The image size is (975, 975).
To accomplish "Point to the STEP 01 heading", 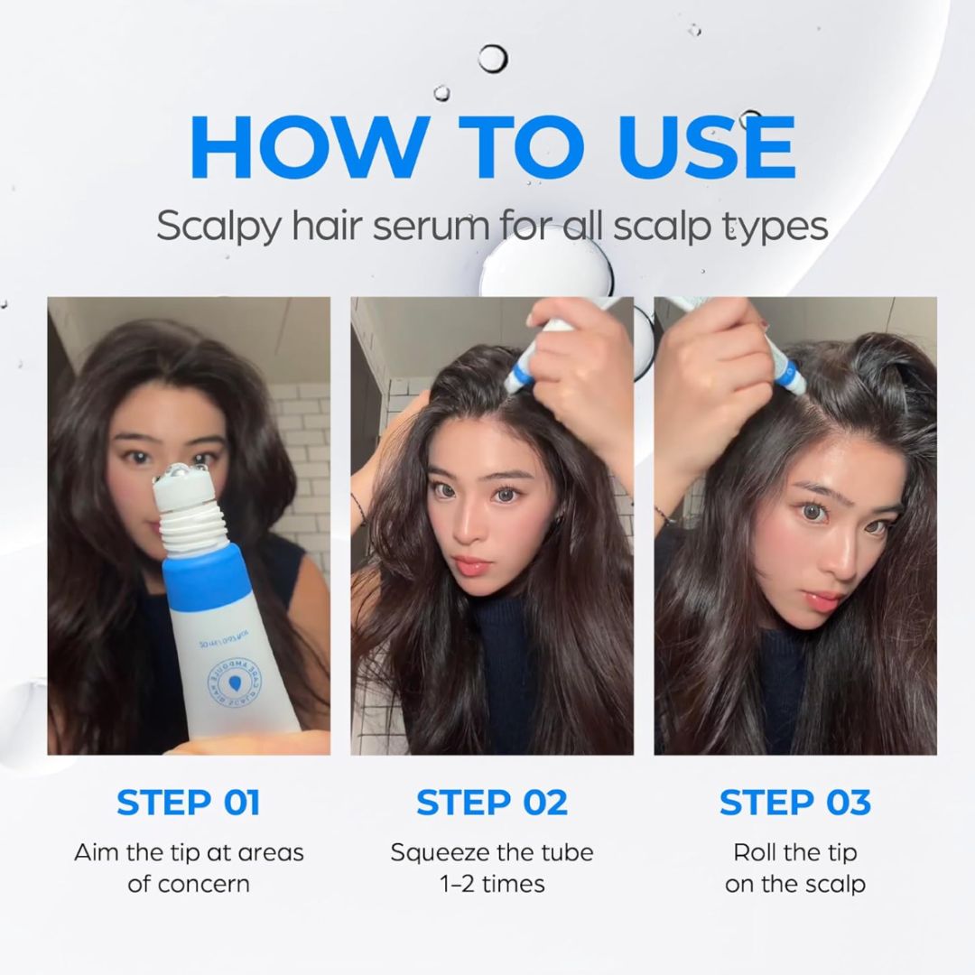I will click(x=189, y=802).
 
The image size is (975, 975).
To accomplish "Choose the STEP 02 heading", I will click(x=492, y=802).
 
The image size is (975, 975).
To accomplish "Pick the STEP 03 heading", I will click(x=794, y=802).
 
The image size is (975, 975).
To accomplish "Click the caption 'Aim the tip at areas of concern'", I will click(x=189, y=867).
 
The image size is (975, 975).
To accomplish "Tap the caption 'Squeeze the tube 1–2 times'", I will click(x=492, y=867).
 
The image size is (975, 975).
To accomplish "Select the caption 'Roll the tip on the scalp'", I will click(x=794, y=867).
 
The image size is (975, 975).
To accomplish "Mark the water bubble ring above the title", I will click(x=493, y=59).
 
